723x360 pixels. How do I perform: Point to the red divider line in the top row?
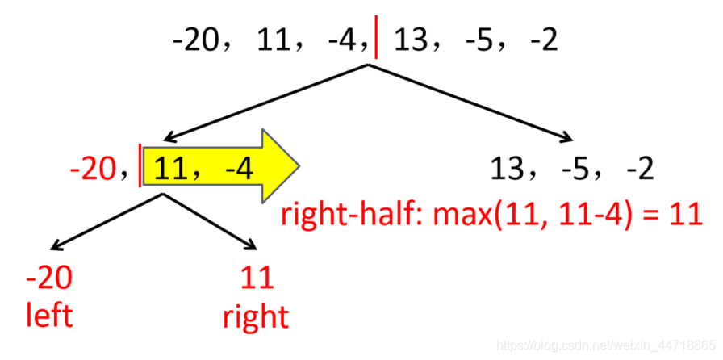tap(378, 39)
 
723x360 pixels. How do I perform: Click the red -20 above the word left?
tap(49, 278)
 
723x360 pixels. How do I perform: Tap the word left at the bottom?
tap(49, 314)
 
